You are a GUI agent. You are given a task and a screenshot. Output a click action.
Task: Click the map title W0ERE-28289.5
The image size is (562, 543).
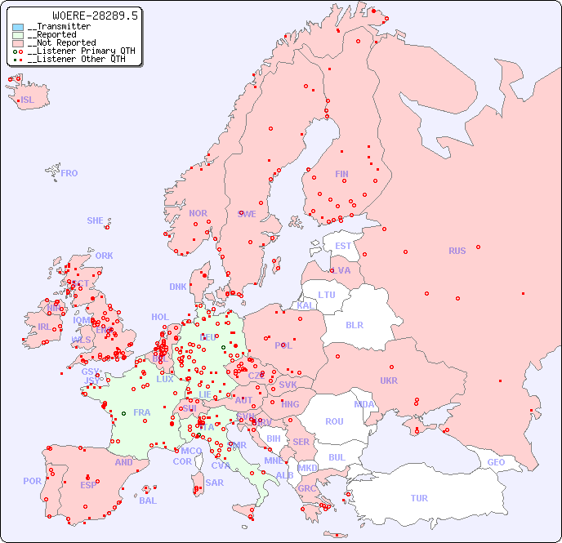[x=96, y=16]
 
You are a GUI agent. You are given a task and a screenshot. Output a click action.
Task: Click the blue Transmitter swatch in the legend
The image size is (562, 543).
[x=18, y=27]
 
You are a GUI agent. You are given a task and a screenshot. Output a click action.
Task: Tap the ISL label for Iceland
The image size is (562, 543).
[x=28, y=100]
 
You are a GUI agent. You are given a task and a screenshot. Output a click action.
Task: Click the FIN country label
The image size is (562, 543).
[x=341, y=174]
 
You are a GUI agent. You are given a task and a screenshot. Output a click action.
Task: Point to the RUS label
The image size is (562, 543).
[x=457, y=251]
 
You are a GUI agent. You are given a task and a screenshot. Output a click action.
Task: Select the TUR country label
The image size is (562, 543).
[x=419, y=498]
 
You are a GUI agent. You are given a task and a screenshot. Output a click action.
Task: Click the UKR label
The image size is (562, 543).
[x=389, y=381]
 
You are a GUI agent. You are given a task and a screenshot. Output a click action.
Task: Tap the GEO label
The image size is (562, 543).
[x=496, y=462]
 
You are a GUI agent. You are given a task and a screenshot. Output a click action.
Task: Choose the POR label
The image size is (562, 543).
[x=32, y=481]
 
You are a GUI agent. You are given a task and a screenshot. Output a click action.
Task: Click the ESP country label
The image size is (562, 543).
[x=88, y=484]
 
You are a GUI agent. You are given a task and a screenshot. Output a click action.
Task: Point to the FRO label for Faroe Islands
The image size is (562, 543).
[x=69, y=173]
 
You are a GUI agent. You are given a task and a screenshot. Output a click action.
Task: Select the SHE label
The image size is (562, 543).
[x=96, y=220]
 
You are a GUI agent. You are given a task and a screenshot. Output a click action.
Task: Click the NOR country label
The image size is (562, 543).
[x=198, y=213]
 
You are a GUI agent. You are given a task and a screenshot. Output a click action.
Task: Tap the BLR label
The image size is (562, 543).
[x=354, y=324]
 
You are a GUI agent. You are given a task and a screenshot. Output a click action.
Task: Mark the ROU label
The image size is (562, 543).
[x=334, y=421]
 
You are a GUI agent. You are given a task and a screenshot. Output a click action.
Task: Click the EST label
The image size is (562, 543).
[x=343, y=246]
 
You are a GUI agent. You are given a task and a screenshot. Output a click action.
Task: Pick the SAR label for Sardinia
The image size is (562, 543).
[x=215, y=483]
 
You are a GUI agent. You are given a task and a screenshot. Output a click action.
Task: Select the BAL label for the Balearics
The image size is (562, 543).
[x=148, y=501]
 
